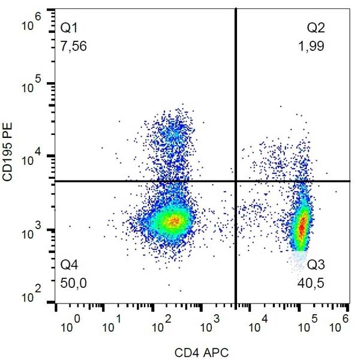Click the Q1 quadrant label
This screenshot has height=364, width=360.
[69, 28]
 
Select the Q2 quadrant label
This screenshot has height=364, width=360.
[316, 28]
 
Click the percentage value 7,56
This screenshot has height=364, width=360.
[74, 47]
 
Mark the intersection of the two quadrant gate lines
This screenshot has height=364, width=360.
[236, 181]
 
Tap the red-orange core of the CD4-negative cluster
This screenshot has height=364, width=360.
[173, 221]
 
